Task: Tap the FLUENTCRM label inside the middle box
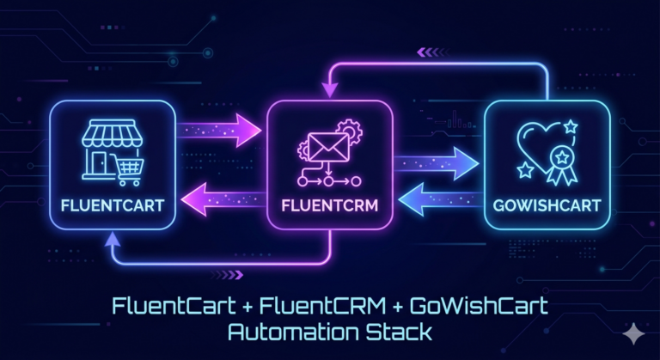[x=329, y=207]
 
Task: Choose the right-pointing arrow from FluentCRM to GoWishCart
[x=437, y=160]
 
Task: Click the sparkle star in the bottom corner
[x=634, y=336]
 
